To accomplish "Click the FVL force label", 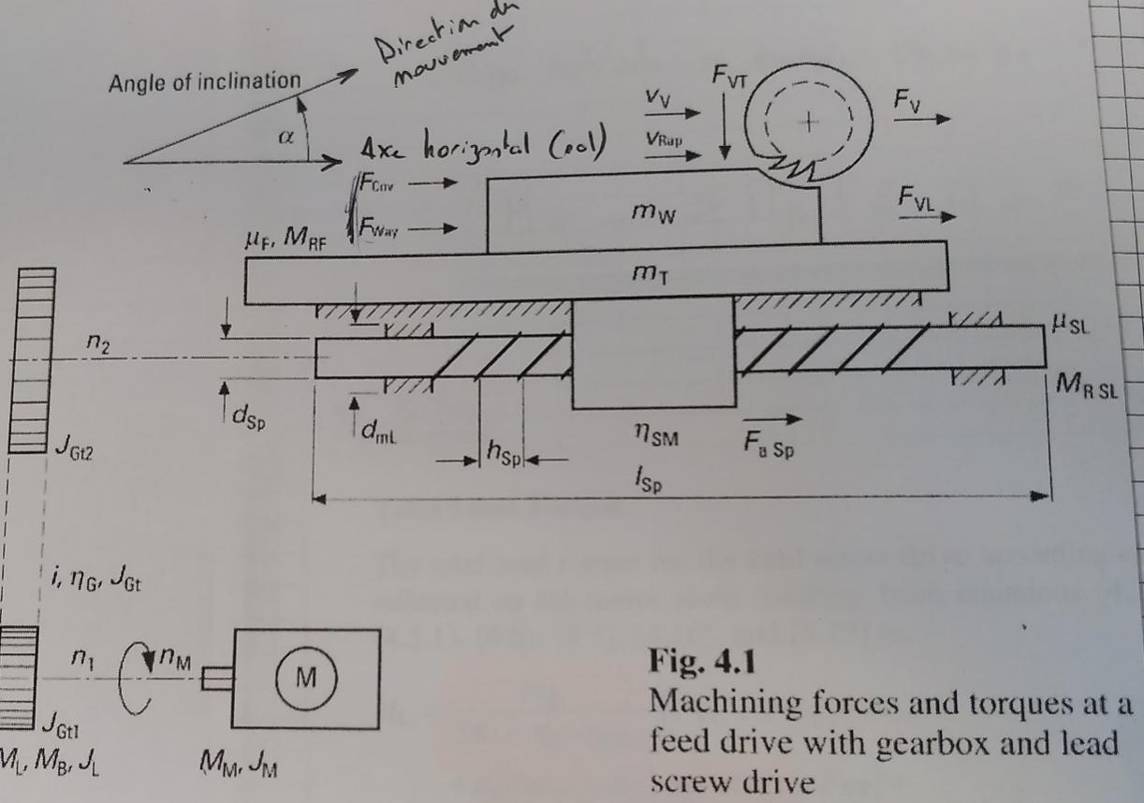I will [917, 197].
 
